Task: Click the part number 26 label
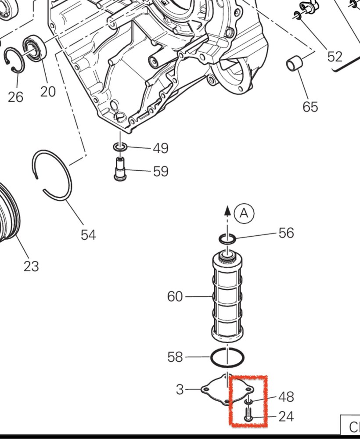(15, 96)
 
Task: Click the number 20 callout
(48, 91)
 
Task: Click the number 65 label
(310, 107)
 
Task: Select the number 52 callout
(335, 57)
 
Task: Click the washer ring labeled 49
(120, 146)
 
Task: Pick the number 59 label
(161, 171)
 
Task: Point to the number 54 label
(88, 235)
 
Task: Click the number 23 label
(31, 266)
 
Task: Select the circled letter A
(244, 213)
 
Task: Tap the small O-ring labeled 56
(227, 239)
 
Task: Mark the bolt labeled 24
(248, 414)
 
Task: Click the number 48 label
(286, 397)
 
